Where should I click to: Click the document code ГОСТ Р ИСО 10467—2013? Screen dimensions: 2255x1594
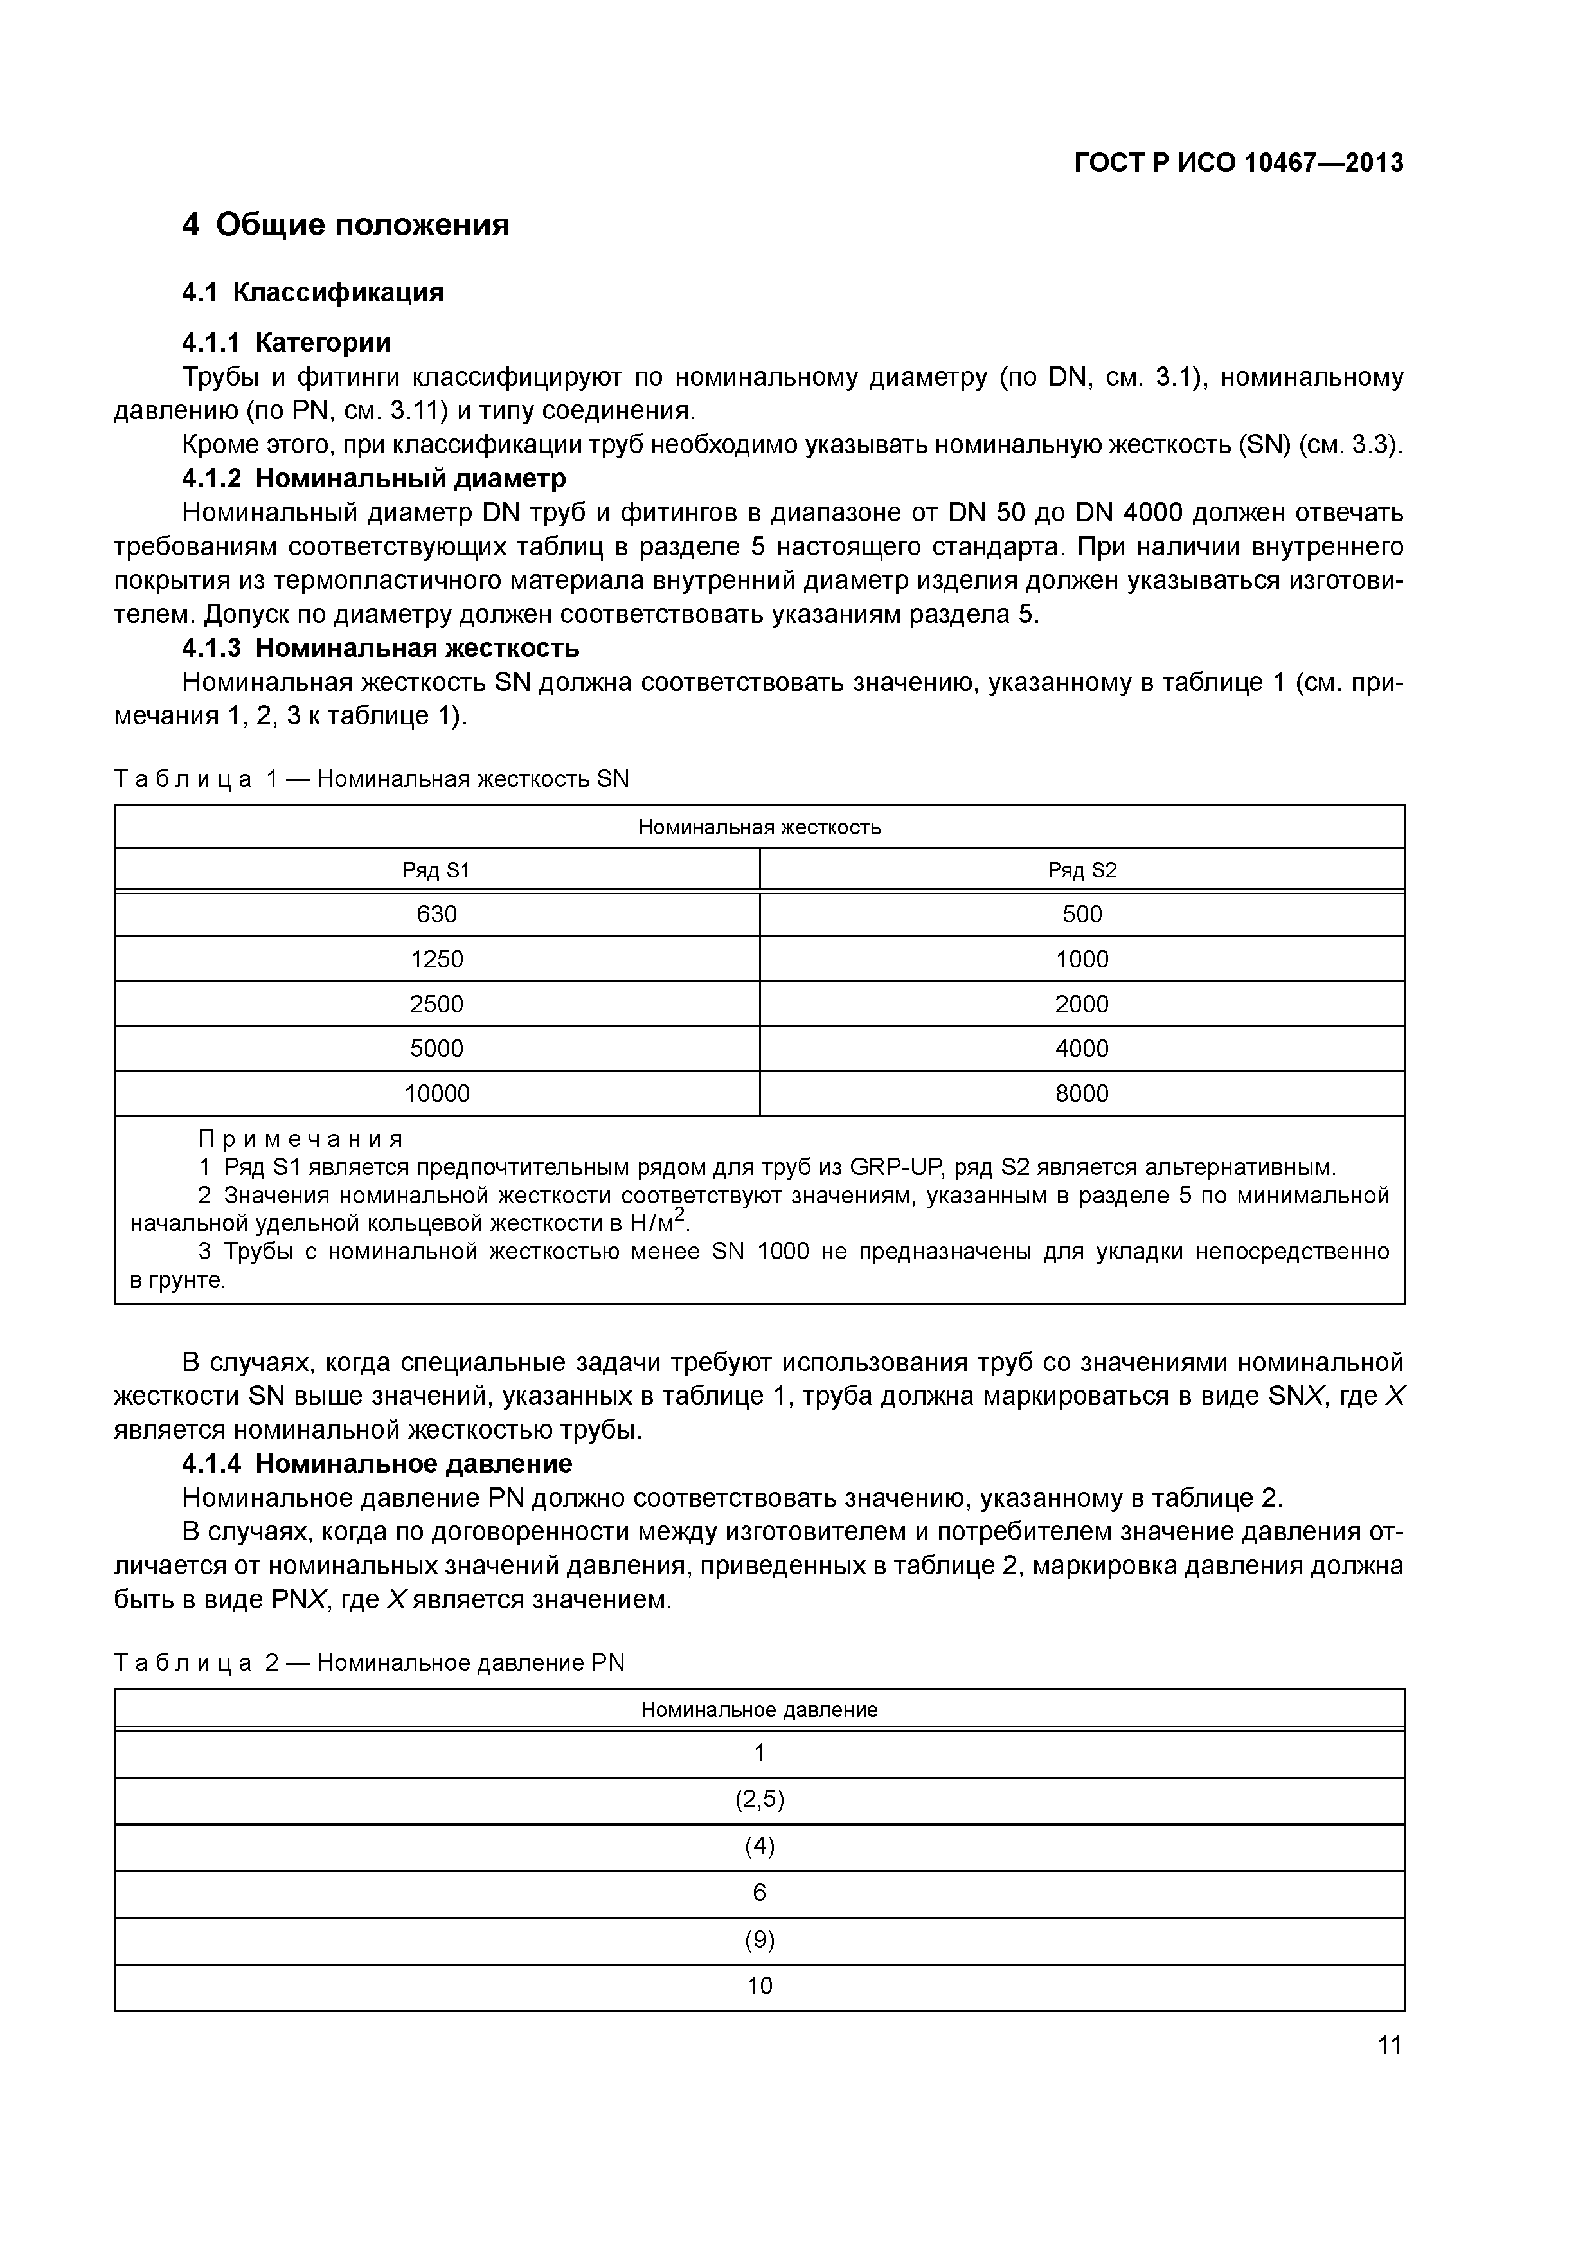click(x=1239, y=163)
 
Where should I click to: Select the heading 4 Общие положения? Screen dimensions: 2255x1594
click(x=346, y=225)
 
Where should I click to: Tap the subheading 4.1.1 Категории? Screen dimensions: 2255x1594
click(x=286, y=342)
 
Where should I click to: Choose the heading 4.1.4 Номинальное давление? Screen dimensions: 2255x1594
click(x=377, y=1464)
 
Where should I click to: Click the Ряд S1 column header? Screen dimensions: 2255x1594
click(x=437, y=870)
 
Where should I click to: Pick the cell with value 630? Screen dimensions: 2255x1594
click(x=437, y=914)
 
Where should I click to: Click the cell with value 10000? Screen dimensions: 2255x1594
click(x=437, y=1093)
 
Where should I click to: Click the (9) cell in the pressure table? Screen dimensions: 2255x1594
click(x=759, y=1940)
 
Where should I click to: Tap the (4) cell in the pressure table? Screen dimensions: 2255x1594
click(x=759, y=1846)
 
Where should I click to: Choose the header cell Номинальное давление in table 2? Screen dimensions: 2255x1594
click(x=759, y=1709)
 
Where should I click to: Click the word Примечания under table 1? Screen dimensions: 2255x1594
click(x=301, y=1139)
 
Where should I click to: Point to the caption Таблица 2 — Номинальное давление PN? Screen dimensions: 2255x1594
click(x=370, y=1663)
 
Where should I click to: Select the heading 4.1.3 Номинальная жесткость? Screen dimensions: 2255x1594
click(x=381, y=648)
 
